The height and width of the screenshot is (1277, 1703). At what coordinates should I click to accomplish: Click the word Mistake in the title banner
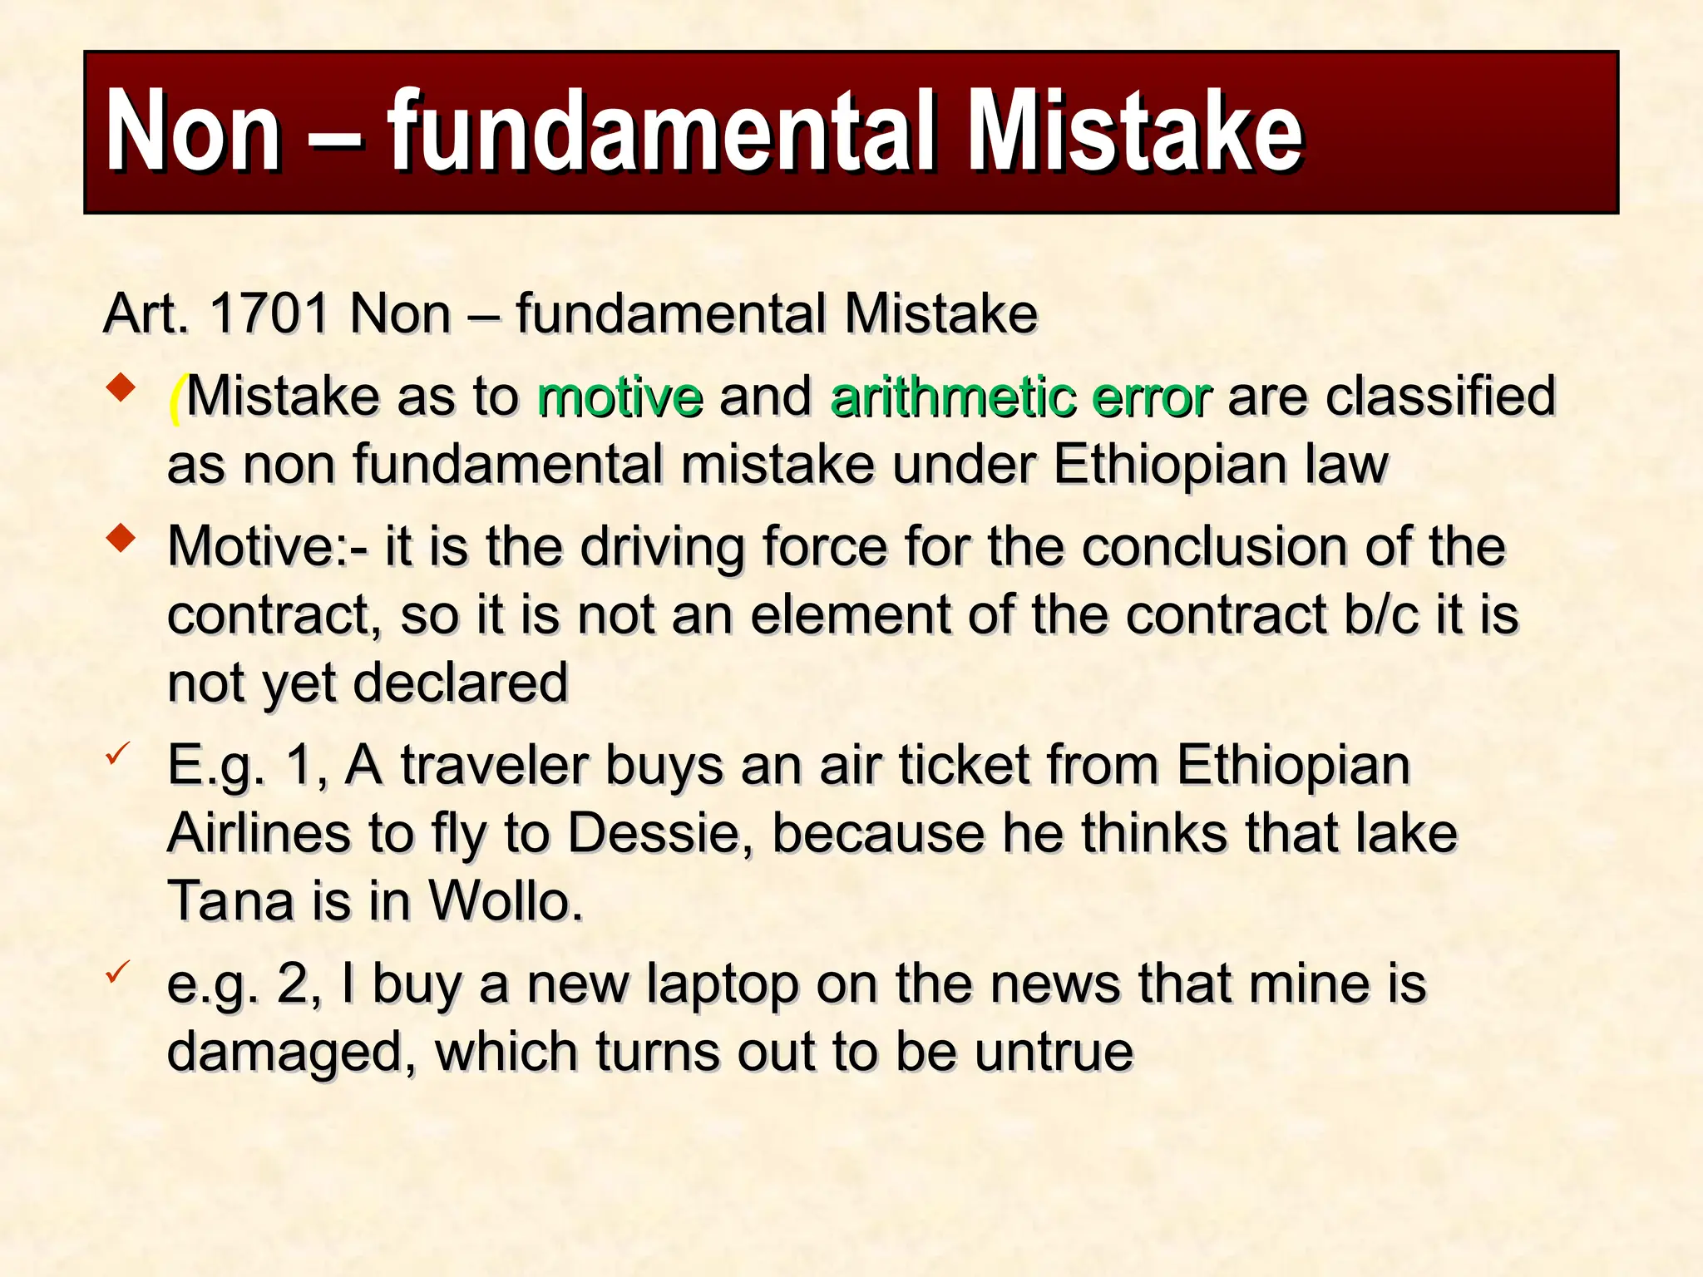[1136, 133]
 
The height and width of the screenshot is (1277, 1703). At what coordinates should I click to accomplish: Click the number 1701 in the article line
[270, 314]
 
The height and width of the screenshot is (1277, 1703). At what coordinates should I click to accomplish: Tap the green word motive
[619, 397]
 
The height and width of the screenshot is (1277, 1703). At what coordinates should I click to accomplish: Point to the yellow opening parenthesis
[175, 398]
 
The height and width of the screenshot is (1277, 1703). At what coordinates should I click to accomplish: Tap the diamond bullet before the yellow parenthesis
[121, 388]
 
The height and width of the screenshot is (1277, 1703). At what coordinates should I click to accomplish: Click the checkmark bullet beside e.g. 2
[117, 970]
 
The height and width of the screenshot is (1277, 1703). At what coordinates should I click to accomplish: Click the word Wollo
[505, 901]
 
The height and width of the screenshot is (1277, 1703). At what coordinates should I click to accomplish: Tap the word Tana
[231, 901]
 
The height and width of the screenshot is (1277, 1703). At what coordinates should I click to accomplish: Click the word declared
[461, 683]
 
